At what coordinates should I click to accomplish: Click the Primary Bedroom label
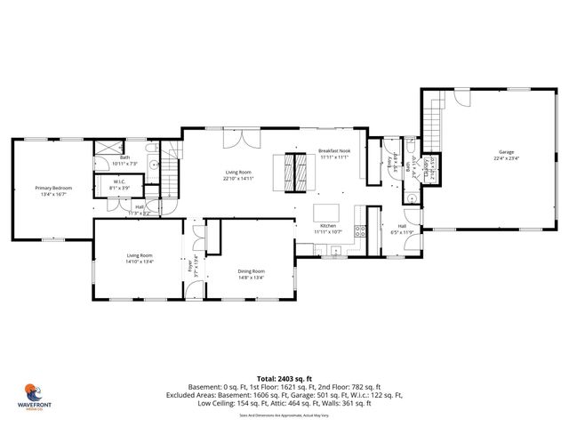pos(53,188)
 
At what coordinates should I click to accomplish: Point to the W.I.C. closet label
pos(118,182)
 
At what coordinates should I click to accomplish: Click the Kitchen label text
pos(327,226)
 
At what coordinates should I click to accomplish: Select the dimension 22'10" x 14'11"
pos(239,179)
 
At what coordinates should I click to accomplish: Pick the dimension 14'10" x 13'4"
pos(140,262)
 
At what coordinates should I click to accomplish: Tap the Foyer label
pos(189,266)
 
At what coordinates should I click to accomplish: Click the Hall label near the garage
pos(402,226)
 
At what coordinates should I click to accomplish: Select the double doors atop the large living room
pos(233,140)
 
